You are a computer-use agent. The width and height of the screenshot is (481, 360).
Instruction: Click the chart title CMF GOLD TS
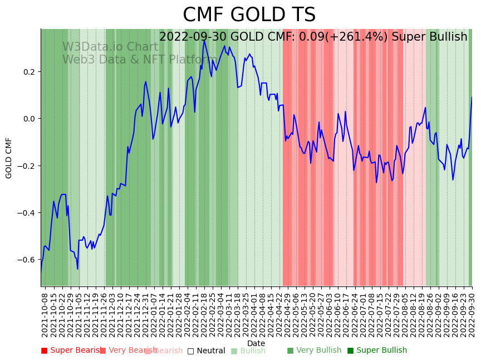[249, 15]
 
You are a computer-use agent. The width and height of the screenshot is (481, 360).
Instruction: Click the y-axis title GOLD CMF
[9, 158]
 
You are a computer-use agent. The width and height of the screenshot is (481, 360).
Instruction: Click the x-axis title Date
[256, 343]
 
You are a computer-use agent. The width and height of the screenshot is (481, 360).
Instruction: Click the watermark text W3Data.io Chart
[110, 47]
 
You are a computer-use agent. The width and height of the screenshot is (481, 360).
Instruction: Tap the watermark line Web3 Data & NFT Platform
[131, 60]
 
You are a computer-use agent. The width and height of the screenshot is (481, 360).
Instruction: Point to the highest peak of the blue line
[204, 40]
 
